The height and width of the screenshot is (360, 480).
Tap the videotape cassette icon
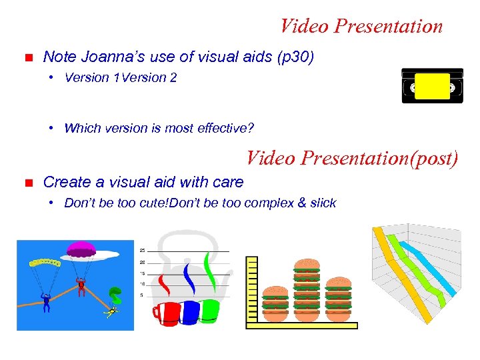pyautogui.click(x=432, y=86)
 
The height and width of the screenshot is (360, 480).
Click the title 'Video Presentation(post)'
pyautogui.click(x=352, y=159)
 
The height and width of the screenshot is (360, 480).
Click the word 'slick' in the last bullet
pyautogui.click(x=323, y=203)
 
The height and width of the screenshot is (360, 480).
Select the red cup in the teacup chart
pyautogui.click(x=167, y=312)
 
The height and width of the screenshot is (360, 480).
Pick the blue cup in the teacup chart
pyautogui.click(x=190, y=312)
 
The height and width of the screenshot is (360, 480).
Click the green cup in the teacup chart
pyautogui.click(x=209, y=311)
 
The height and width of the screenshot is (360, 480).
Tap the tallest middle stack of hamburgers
pyautogui.click(x=307, y=287)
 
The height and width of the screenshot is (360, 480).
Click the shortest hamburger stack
pyautogui.click(x=275, y=301)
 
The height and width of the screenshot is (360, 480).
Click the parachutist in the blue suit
pyautogui.click(x=47, y=302)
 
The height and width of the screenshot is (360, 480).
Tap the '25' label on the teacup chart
pyautogui.click(x=142, y=250)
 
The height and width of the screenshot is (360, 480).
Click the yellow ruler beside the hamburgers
pyautogui.click(x=251, y=290)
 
